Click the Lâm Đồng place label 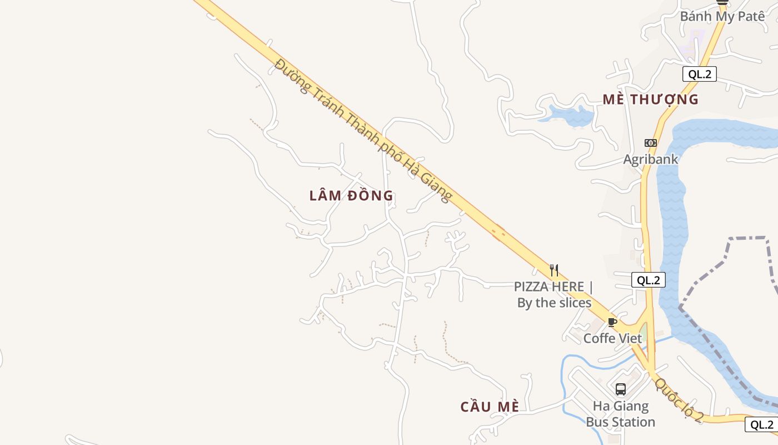(351, 196)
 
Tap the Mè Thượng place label (650, 100)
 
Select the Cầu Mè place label (490, 407)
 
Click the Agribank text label (650, 159)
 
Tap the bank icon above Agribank (650, 143)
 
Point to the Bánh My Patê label (722, 16)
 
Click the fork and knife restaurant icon (553, 270)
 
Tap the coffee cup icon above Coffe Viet (612, 322)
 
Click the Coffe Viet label (612, 338)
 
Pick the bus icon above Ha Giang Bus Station (620, 389)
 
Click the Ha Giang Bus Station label (620, 414)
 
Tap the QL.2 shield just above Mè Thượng (699, 74)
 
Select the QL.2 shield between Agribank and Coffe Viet (648, 280)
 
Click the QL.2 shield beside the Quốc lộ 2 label (761, 424)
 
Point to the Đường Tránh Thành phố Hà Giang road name (364, 130)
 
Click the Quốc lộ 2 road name (679, 399)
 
